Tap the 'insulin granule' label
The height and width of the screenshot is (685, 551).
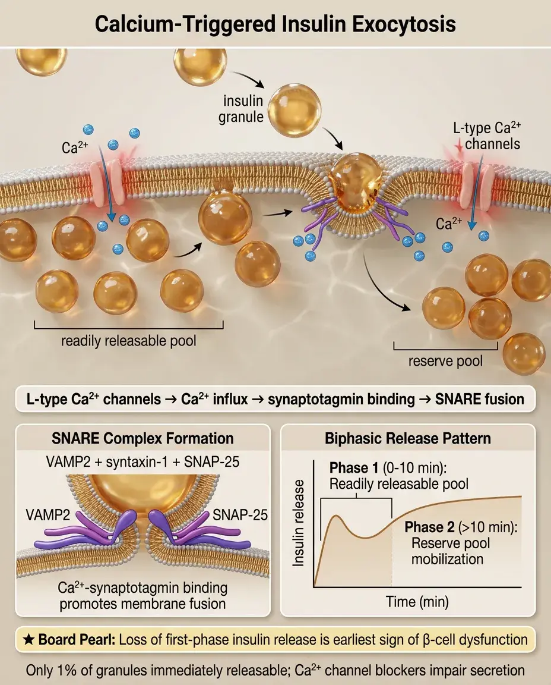(243, 108)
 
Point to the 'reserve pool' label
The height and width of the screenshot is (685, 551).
(445, 361)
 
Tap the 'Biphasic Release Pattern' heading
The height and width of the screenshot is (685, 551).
(408, 439)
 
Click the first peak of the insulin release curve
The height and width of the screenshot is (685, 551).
(337, 515)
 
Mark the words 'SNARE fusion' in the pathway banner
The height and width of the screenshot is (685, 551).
(480, 399)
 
